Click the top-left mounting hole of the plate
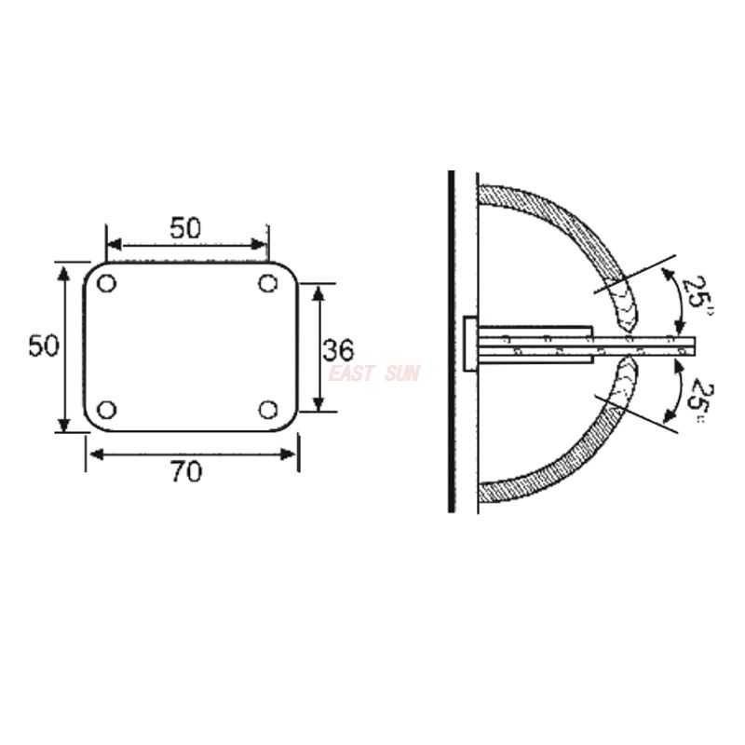106,283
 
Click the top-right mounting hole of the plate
269,282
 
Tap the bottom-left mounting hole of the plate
106,410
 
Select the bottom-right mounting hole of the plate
269,410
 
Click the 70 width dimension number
186,472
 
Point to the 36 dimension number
338,350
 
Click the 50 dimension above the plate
185,228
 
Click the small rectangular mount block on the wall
469,344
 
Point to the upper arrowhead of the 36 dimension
318,291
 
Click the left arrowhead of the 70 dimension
93,454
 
